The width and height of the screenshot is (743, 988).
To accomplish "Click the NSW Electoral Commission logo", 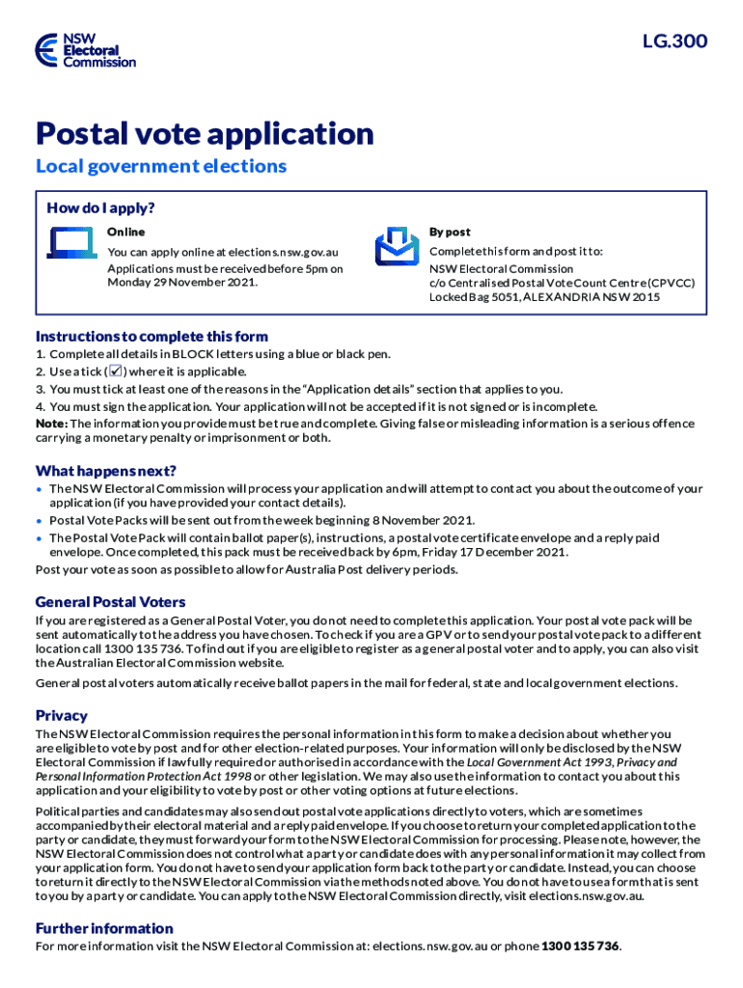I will coord(84,49).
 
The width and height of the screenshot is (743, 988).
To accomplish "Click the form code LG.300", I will coord(674,41).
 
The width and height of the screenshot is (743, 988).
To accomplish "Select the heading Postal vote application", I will coord(205,133).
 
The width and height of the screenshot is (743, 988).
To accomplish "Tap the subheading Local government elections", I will coord(161,166).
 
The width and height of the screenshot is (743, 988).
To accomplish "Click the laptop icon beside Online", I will coord(69,248).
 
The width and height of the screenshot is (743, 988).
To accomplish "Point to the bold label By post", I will coord(450,232).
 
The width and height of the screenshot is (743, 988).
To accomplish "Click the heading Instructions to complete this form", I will coord(151,337).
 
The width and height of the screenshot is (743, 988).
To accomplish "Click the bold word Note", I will coord(50,424).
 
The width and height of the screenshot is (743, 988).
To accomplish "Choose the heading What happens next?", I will coord(106,471).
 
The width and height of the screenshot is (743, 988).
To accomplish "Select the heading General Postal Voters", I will coord(111,602).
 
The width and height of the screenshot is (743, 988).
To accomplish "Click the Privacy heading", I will coord(62,716).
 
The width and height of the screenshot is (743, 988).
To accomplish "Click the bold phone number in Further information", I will coord(580,946).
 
